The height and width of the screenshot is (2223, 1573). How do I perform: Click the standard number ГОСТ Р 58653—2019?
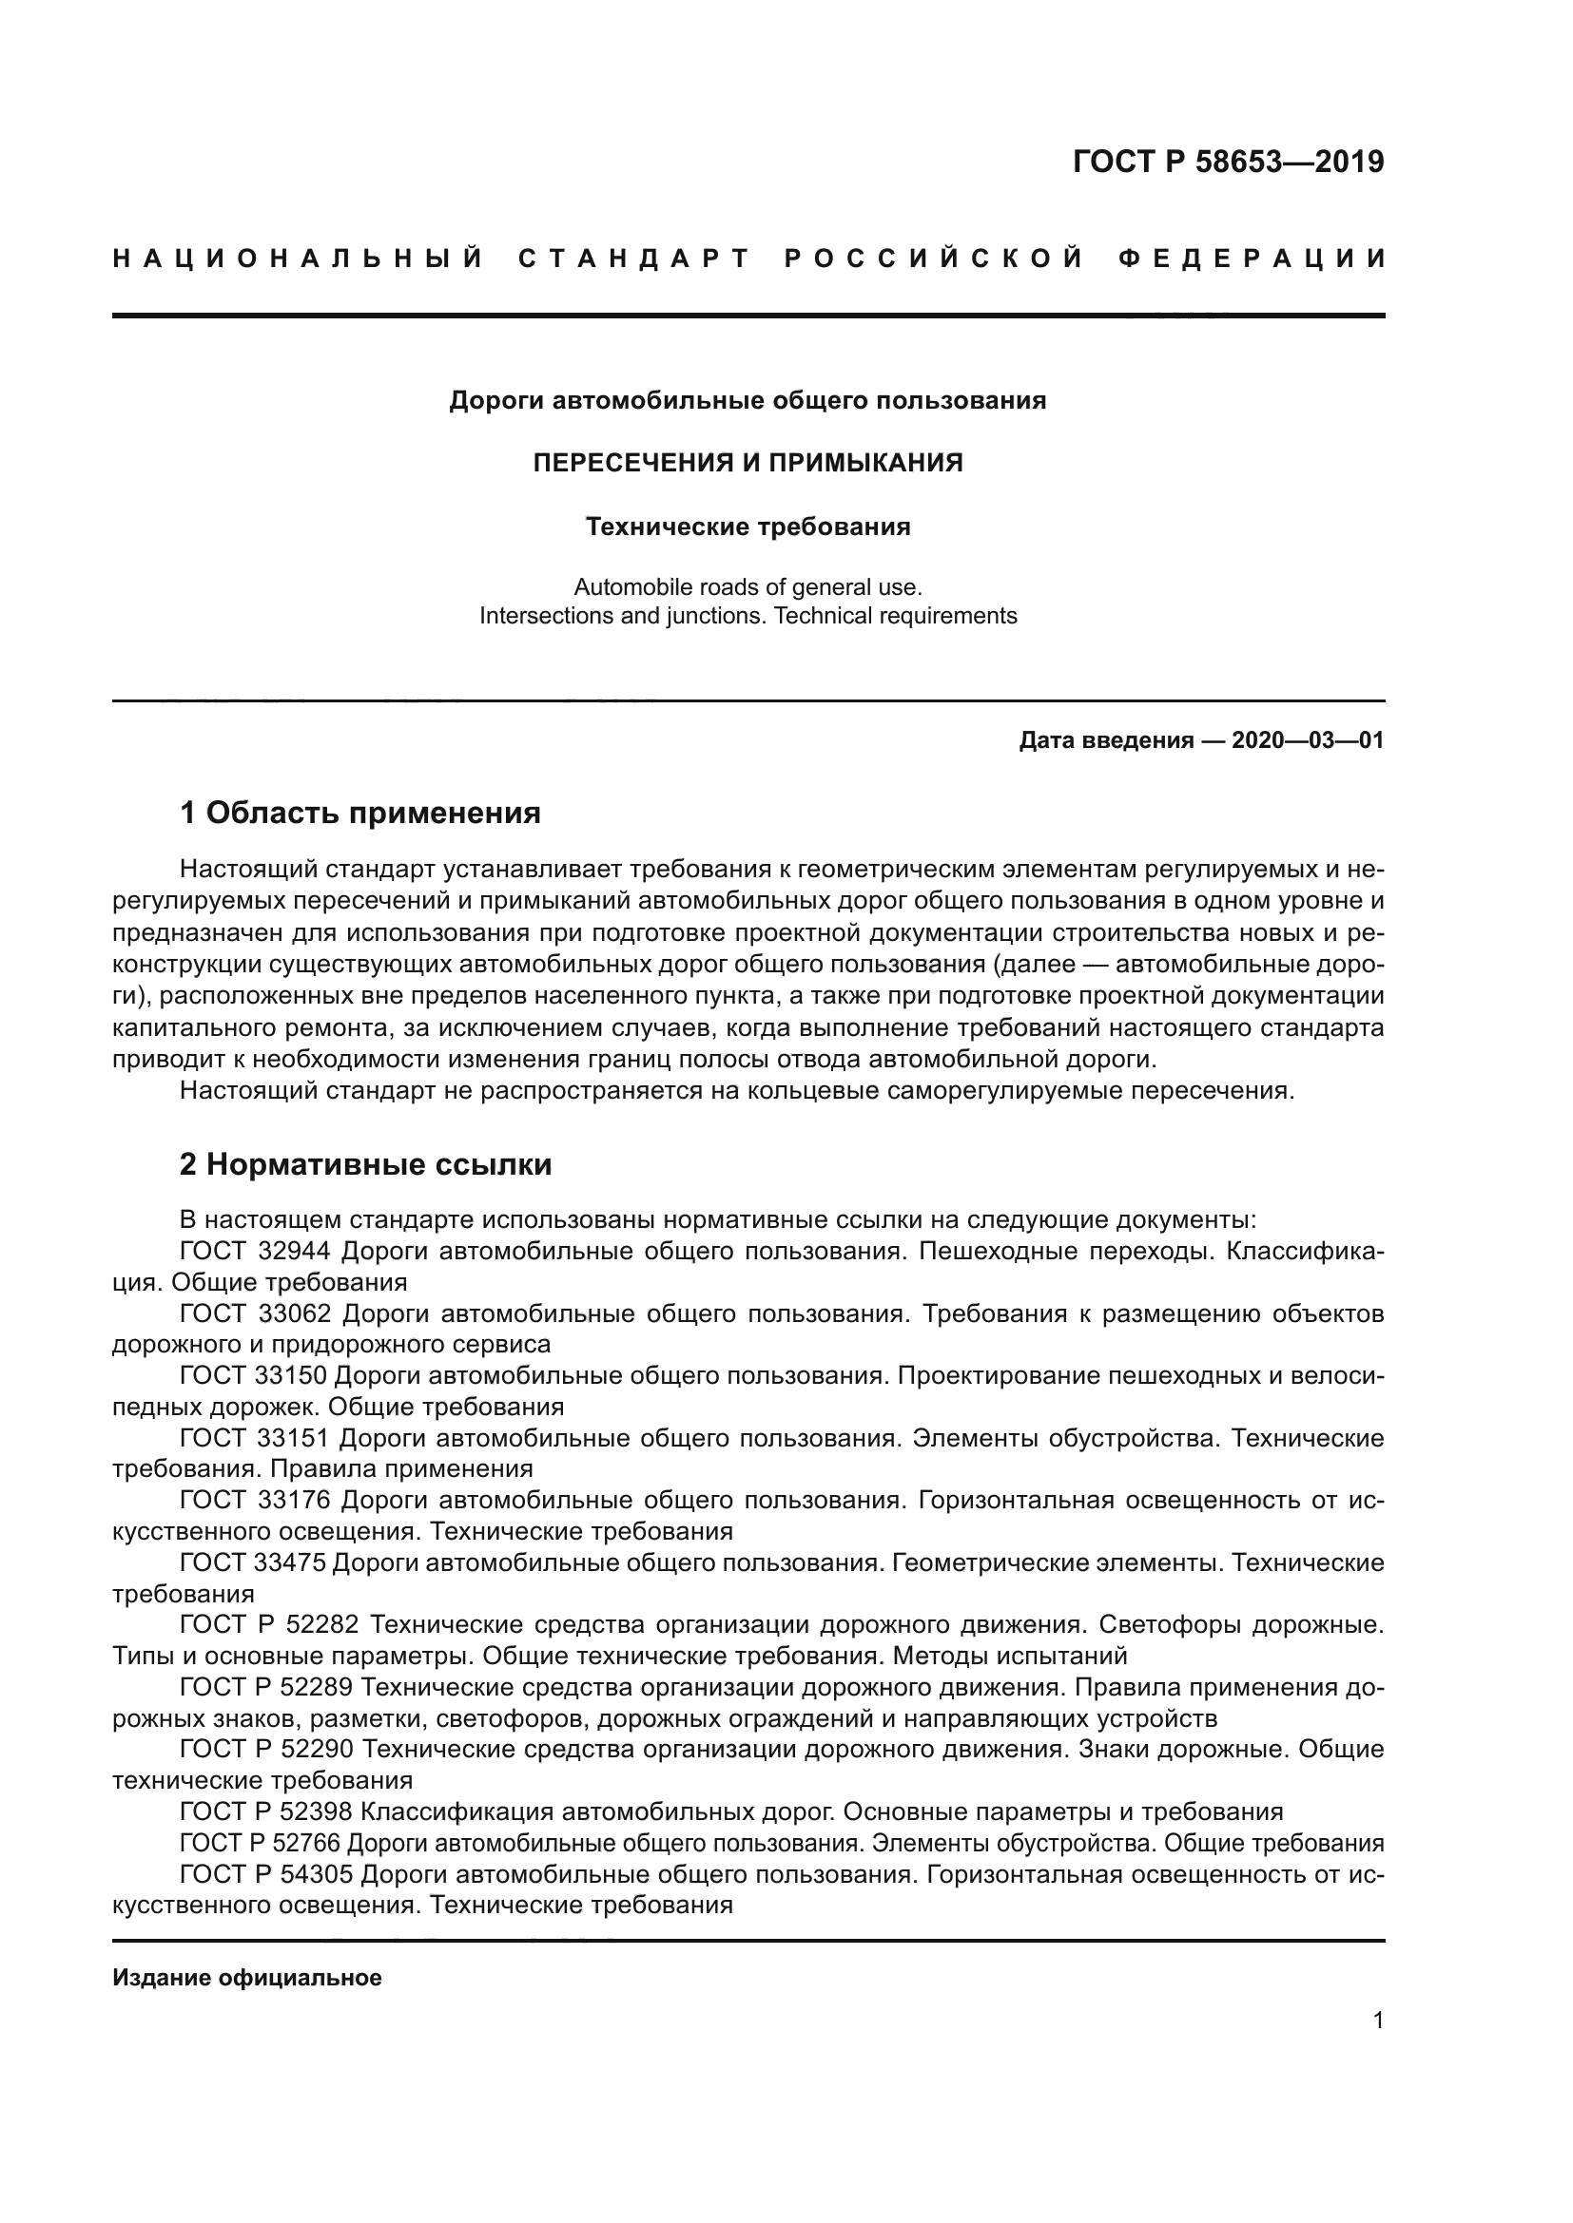(1227, 162)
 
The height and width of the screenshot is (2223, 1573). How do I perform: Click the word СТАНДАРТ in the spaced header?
(634, 259)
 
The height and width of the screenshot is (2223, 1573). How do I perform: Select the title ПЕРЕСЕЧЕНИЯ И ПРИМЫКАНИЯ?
(748, 463)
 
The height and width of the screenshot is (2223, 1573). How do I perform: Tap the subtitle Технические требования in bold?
(748, 527)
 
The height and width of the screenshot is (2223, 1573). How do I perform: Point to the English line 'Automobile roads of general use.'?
(748, 586)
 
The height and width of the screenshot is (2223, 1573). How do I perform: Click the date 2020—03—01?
(1307, 740)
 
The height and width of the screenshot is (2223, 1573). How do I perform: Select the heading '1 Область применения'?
(360, 813)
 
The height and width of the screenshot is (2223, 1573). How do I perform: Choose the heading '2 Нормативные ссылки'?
(365, 1164)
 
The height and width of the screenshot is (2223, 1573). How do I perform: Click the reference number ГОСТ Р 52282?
(268, 1624)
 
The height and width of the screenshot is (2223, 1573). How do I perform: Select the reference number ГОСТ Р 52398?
(268, 1811)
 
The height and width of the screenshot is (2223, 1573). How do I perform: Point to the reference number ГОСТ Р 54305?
(268, 1874)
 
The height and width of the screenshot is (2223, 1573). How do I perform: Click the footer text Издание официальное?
(247, 1978)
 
